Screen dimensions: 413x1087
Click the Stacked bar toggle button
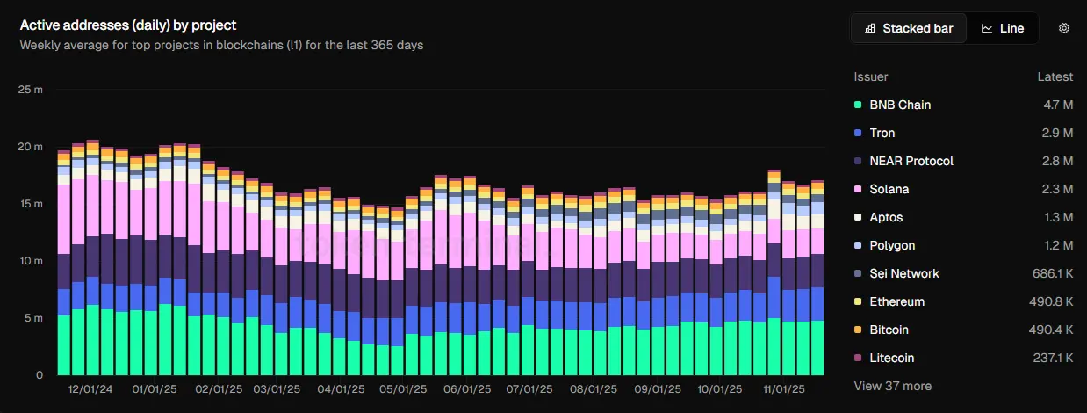click(x=909, y=28)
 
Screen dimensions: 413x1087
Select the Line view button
click(x=1003, y=28)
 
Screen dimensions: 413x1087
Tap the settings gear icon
click(x=1063, y=28)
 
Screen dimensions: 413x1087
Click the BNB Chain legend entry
click(x=899, y=105)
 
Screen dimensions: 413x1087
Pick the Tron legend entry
click(x=882, y=133)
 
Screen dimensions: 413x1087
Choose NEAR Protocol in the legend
click(x=911, y=161)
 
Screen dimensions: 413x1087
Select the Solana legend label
click(x=889, y=189)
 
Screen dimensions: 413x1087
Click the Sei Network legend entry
click(x=903, y=273)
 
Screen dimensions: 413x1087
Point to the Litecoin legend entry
click(x=891, y=358)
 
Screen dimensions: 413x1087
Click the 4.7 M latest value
click(x=1056, y=105)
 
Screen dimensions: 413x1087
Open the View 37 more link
click(x=892, y=386)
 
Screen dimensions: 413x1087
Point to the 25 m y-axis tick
click(x=30, y=90)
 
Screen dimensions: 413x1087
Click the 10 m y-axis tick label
click(x=30, y=261)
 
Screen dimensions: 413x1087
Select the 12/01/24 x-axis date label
click(x=90, y=388)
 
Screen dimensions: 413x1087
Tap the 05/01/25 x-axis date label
click(x=404, y=388)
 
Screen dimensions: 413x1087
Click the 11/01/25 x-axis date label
click(x=781, y=388)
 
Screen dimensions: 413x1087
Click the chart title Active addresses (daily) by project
click(x=128, y=25)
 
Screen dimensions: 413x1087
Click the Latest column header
click(x=1055, y=76)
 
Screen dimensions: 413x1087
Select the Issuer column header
click(x=870, y=76)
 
